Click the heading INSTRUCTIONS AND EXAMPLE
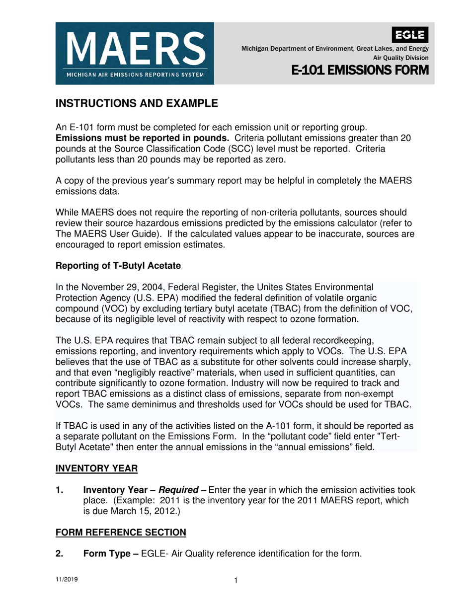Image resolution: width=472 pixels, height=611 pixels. [x=136, y=104]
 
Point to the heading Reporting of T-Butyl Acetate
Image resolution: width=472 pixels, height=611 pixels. [x=117, y=266]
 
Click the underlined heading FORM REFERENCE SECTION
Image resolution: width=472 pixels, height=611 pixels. [x=120, y=533]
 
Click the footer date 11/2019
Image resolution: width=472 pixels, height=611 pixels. [x=66, y=580]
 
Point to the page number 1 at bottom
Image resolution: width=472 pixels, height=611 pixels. [x=236, y=581]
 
